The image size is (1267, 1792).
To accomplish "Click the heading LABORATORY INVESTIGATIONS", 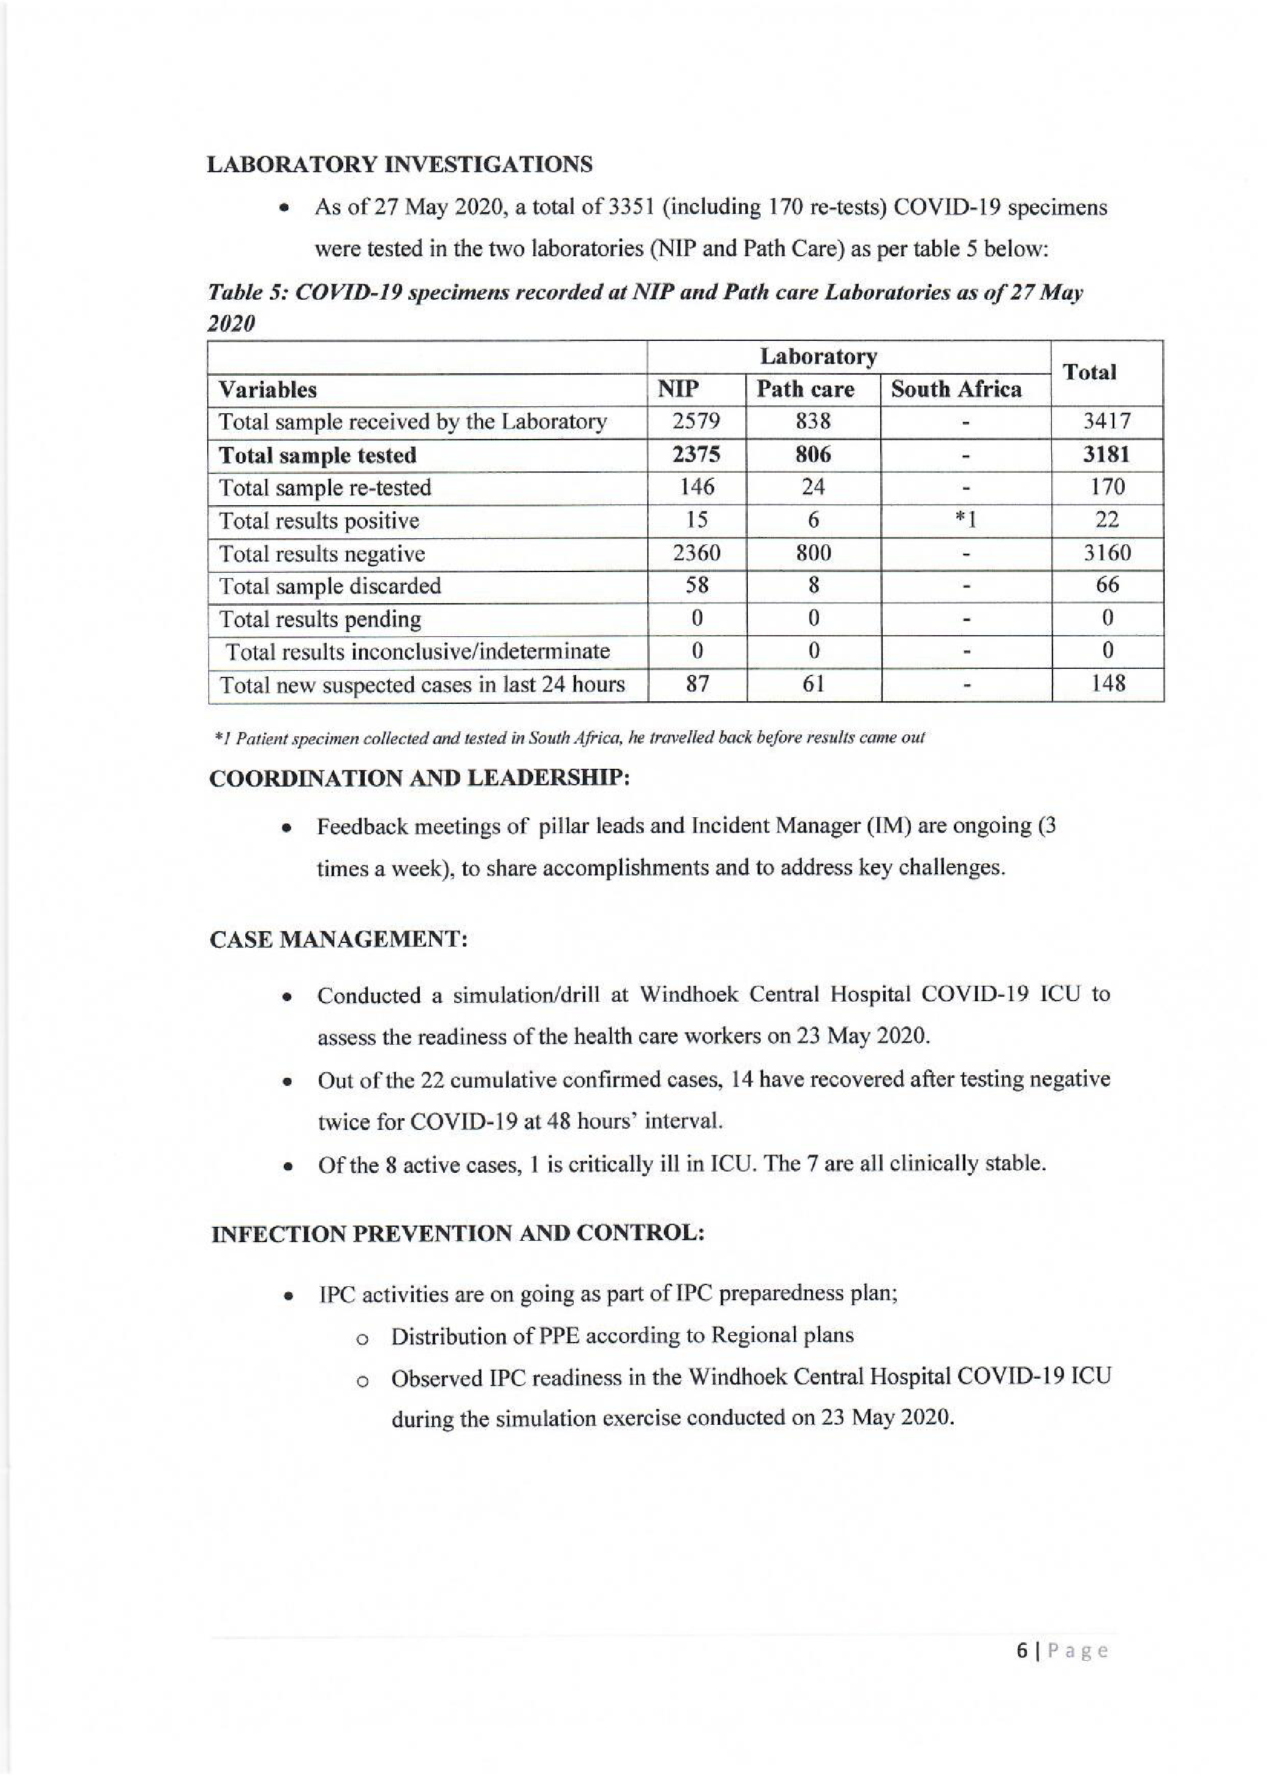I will click(400, 165).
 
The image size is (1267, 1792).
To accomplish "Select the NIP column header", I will click(678, 389).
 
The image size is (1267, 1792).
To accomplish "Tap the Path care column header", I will click(805, 389).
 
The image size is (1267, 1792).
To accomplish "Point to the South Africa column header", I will click(956, 389).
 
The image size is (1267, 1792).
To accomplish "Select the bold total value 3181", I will click(1106, 454).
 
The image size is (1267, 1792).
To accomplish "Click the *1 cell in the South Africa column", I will click(966, 520).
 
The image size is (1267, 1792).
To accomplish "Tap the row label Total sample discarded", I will click(329, 585).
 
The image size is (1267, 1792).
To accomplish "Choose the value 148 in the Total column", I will click(1107, 684).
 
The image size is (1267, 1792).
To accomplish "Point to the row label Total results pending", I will click(320, 619).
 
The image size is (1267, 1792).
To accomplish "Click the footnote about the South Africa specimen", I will click(569, 737).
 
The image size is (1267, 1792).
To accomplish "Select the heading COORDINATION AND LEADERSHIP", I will click(420, 778).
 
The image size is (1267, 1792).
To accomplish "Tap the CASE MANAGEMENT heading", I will click(338, 939).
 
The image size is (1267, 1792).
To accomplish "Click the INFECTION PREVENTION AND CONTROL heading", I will click(458, 1234).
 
